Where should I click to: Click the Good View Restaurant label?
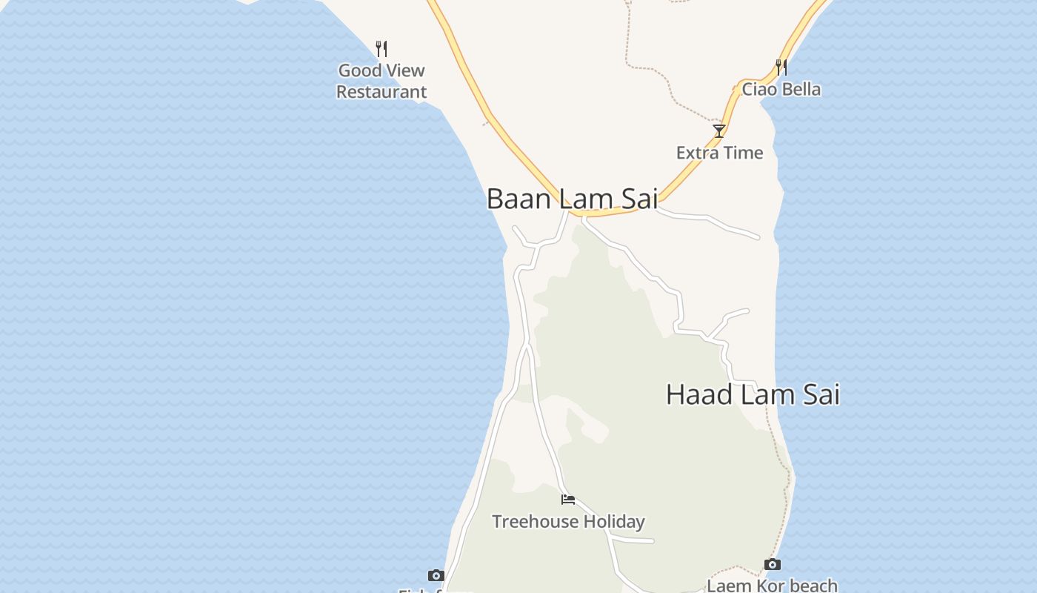click(381, 81)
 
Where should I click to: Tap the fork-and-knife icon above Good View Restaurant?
click(381, 49)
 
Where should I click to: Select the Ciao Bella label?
click(781, 90)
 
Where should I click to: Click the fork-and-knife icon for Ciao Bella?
click(781, 67)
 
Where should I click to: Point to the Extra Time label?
click(719, 153)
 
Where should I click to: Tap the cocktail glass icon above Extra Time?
click(718, 131)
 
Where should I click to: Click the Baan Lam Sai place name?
click(572, 199)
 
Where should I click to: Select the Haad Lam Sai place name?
click(753, 394)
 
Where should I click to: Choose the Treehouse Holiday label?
click(568, 522)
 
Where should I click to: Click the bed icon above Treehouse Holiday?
click(568, 500)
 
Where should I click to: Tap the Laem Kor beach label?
click(772, 586)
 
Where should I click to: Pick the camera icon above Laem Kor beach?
click(772, 565)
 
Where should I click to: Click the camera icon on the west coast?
click(436, 575)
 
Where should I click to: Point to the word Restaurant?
click(381, 92)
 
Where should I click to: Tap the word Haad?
click(699, 394)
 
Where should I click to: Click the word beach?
click(811, 586)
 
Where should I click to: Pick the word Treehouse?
click(535, 522)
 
